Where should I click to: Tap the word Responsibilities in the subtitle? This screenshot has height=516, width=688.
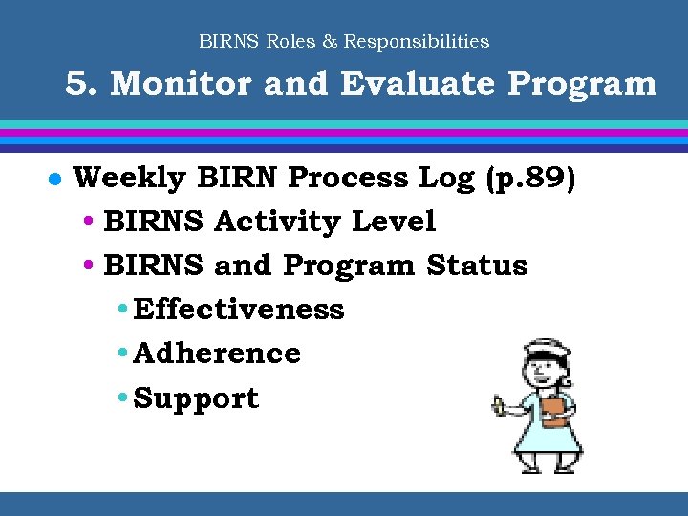tap(417, 42)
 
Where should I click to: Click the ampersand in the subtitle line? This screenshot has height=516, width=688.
tap(331, 42)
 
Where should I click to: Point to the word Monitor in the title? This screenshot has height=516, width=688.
tap(181, 84)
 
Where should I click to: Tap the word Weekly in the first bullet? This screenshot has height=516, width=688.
tap(130, 179)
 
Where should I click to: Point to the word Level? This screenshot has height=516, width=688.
tap(394, 222)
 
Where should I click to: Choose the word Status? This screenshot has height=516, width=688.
tap(477, 266)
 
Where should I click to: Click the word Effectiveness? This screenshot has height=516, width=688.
tap(239, 310)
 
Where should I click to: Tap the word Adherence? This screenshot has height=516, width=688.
tap(218, 354)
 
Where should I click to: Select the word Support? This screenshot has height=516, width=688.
tap(197, 398)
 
